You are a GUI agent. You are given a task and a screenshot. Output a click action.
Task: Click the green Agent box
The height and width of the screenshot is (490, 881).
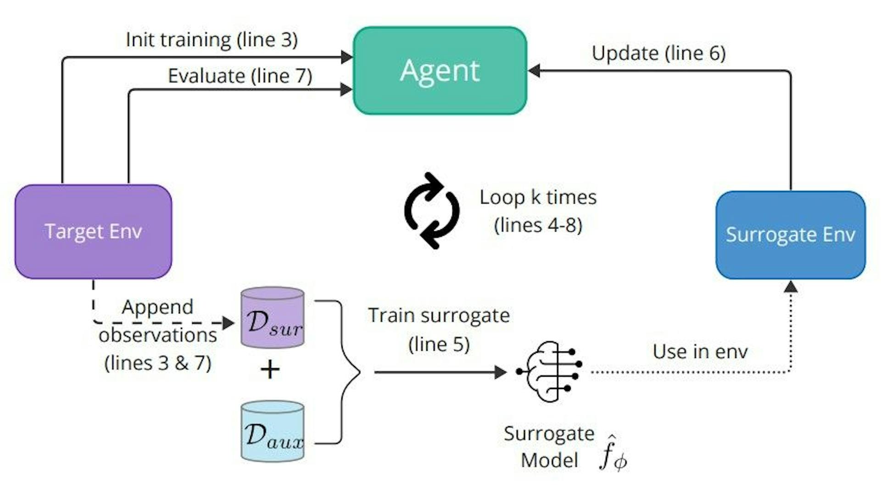(x=440, y=71)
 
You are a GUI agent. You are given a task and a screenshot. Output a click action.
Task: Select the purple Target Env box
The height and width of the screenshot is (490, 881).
(x=93, y=232)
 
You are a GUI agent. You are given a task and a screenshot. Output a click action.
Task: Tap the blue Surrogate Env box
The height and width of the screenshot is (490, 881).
(x=790, y=235)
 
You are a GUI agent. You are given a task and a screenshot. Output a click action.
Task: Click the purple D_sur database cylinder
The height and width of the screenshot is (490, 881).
(x=273, y=318)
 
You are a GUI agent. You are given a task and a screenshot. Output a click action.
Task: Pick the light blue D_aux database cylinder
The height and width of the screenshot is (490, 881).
(x=273, y=431)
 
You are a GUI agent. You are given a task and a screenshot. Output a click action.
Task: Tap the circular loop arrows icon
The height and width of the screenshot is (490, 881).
(x=431, y=211)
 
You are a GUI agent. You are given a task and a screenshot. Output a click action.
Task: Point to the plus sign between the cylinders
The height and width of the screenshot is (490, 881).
(x=270, y=369)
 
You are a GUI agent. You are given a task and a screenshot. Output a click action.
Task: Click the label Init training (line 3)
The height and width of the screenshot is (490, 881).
(x=212, y=40)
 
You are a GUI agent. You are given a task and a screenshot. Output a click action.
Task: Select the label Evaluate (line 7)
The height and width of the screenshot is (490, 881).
(x=240, y=76)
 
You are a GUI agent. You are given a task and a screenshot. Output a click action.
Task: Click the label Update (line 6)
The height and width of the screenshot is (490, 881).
(x=658, y=53)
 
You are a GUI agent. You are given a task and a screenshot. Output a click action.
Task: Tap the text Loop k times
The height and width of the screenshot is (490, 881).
(x=538, y=197)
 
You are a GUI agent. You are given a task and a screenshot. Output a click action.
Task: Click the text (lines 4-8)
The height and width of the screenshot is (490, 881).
(x=538, y=225)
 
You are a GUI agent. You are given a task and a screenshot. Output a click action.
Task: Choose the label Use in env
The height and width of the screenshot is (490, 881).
(x=700, y=352)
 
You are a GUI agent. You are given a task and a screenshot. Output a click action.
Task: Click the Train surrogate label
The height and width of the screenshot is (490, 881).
(x=439, y=316)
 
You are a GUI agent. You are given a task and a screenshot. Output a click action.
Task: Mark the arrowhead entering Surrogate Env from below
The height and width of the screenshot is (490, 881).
(x=790, y=287)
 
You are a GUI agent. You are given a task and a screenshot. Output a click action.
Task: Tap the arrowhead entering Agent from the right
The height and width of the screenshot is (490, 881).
(x=534, y=71)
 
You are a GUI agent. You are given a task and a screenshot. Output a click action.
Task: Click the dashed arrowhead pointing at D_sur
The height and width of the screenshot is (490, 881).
(x=228, y=323)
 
